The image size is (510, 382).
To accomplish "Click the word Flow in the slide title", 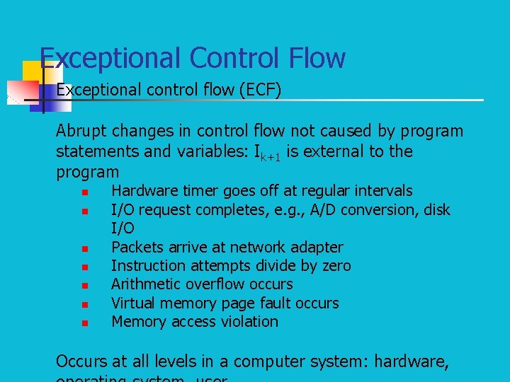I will coord(315,58).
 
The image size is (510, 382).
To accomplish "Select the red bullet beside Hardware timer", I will coord(84,192).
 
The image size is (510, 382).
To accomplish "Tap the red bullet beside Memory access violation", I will coord(84,323).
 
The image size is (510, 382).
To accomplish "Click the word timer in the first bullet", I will coord(199,191).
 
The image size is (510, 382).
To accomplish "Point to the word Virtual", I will coord(135,303).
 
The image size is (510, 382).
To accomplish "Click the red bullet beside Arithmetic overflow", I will coord(84,286).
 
